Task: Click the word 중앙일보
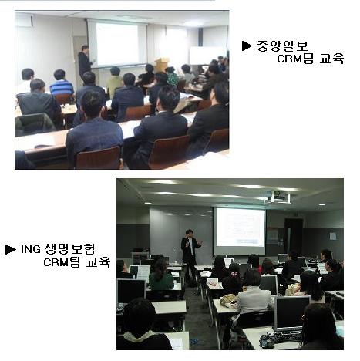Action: [282, 46]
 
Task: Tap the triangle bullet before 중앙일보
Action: [247, 46]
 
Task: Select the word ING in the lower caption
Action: [30, 249]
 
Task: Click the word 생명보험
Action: [69, 249]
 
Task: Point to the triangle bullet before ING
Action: [11, 249]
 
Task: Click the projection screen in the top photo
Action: [117, 44]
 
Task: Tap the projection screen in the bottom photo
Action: [241, 228]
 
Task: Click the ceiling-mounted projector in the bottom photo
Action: [277, 197]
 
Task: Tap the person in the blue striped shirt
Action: [62, 83]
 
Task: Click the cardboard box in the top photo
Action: [162, 64]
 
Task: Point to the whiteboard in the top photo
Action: [207, 56]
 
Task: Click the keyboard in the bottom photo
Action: [285, 336]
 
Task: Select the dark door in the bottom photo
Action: [293, 235]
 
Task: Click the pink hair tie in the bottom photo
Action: [234, 274]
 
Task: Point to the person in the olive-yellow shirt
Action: [114, 81]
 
